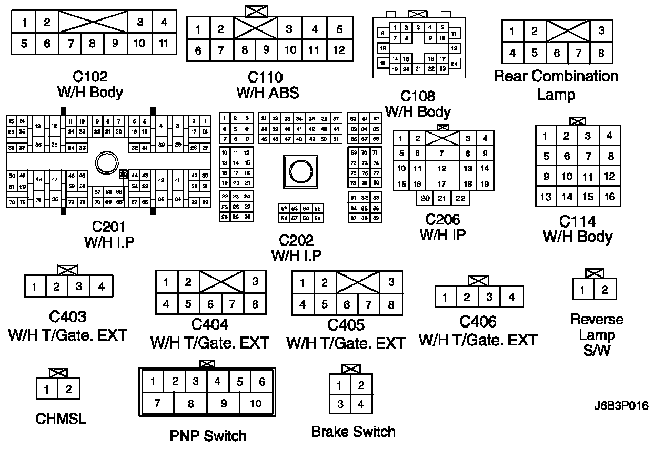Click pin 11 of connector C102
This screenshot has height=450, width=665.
[x=164, y=43]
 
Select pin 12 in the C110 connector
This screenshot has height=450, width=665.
[x=339, y=50]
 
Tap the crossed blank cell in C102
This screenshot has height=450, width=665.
[x=93, y=22]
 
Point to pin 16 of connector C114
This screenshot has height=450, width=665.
[x=609, y=197]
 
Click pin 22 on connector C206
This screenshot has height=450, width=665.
[x=460, y=198]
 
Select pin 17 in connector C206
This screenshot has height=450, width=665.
[x=442, y=184]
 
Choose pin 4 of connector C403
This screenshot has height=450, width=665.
[x=102, y=287]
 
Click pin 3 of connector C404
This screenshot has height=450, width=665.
[x=256, y=282]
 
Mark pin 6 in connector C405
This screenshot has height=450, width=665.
[x=347, y=304]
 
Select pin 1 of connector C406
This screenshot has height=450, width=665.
[x=446, y=298]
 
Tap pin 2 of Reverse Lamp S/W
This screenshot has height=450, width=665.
[x=605, y=290]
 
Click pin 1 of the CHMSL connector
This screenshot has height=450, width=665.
[x=47, y=390]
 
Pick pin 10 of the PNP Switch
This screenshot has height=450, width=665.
[x=256, y=404]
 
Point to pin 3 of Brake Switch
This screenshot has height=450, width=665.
[x=340, y=404]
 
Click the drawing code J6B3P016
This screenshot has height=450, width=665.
[x=622, y=406]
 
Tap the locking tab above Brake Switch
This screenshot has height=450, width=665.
[x=351, y=369]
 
